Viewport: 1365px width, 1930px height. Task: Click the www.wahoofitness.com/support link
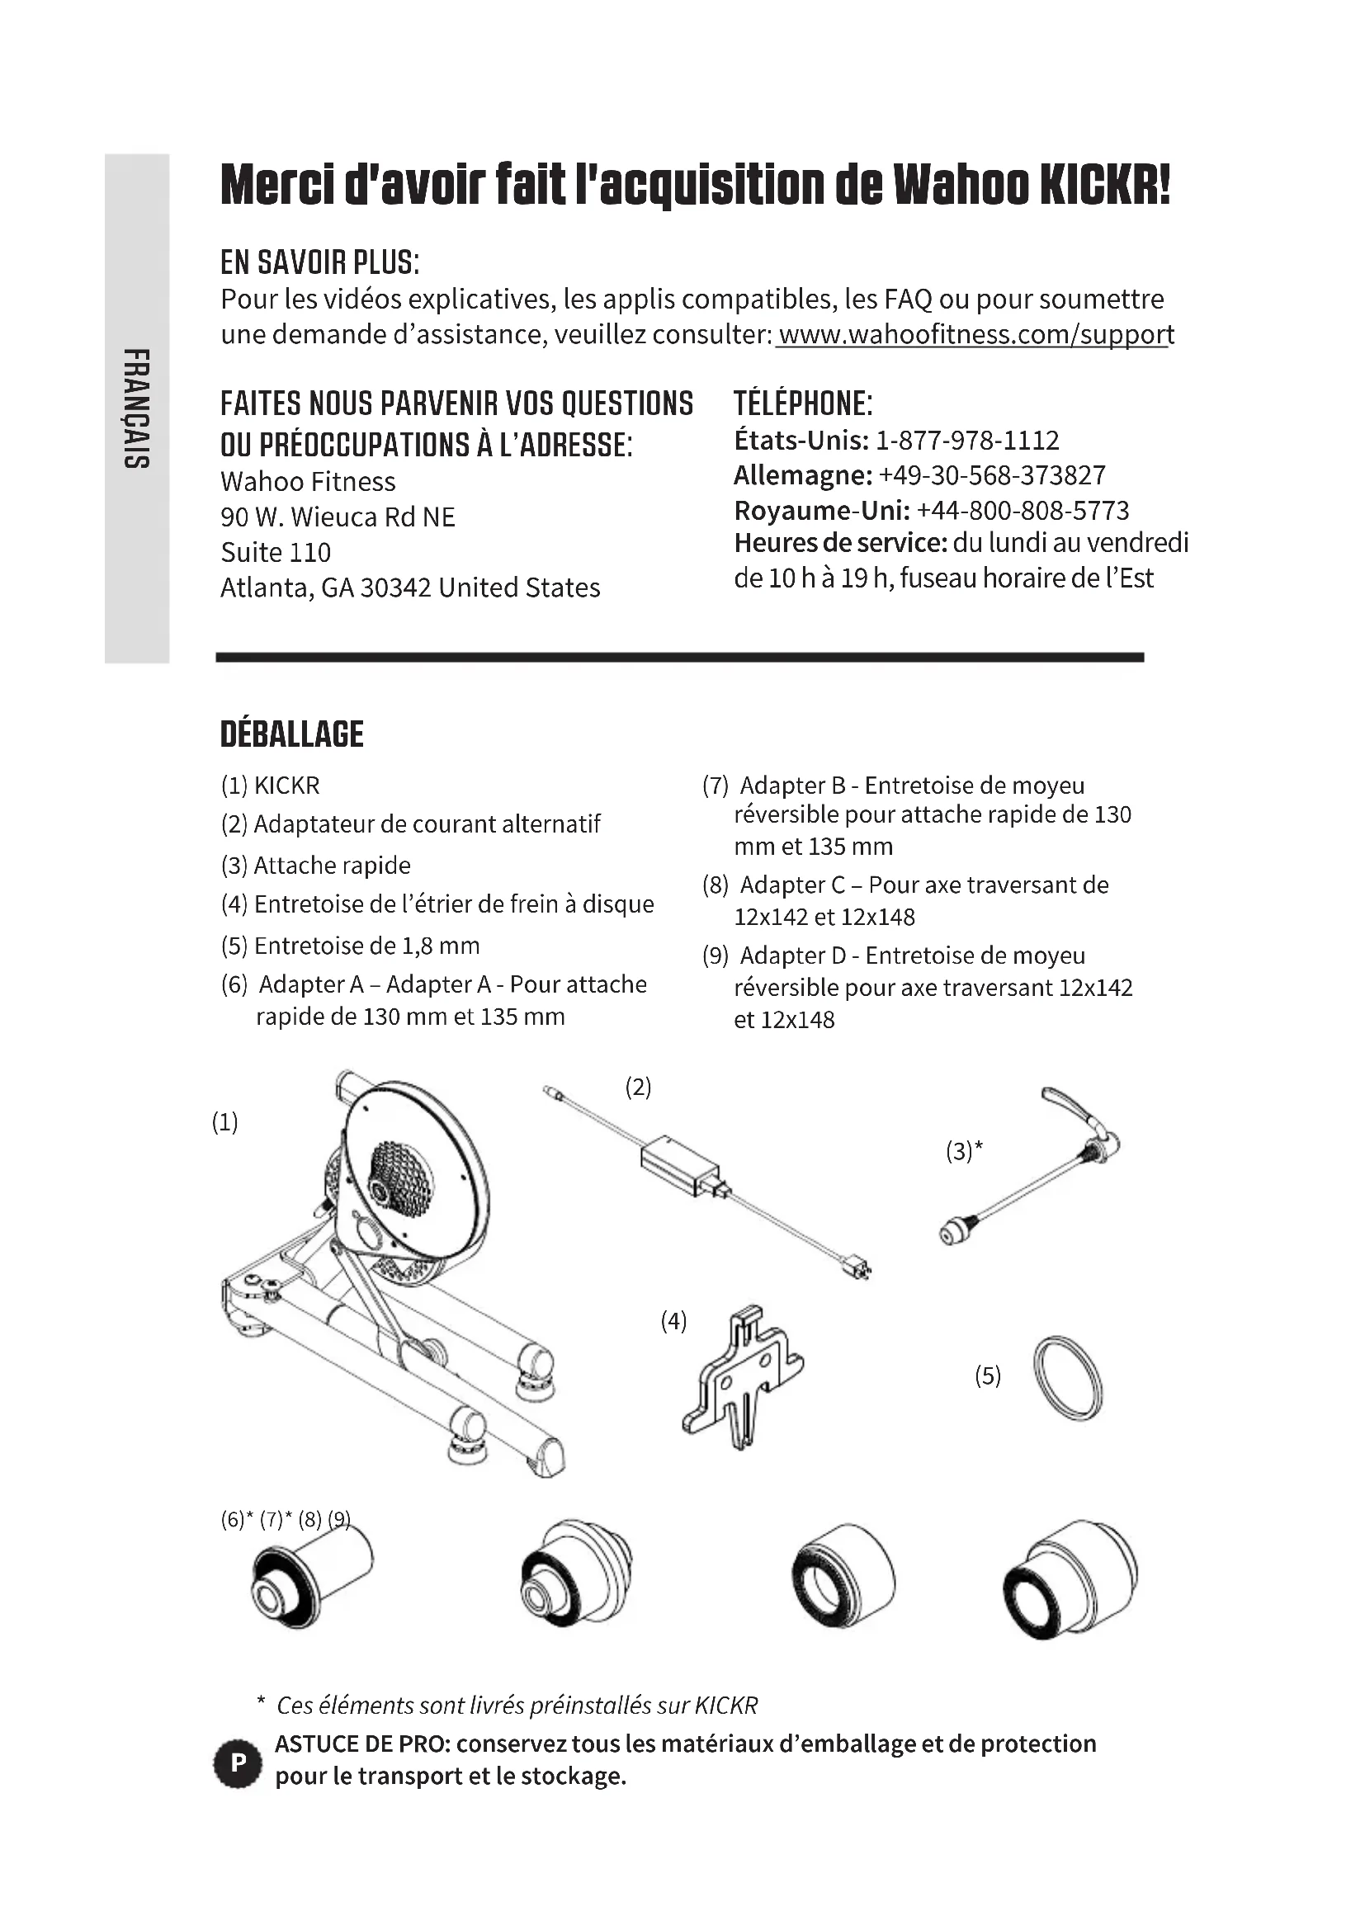pyautogui.click(x=975, y=334)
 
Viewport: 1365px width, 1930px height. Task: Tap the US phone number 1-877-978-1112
pyautogui.click(x=966, y=441)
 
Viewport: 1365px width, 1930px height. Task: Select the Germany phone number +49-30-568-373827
pyautogui.click(x=992, y=476)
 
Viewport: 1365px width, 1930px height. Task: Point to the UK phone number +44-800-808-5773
pyautogui.click(x=1022, y=510)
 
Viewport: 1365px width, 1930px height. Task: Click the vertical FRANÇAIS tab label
pyautogui.click(x=135, y=408)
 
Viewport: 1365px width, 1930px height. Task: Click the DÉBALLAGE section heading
pyautogui.click(x=291, y=734)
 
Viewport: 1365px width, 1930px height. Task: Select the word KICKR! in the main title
pyautogui.click(x=1104, y=185)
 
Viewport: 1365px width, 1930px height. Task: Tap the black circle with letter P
pyautogui.click(x=239, y=1762)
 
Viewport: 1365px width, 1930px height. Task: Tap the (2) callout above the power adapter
pyautogui.click(x=638, y=1088)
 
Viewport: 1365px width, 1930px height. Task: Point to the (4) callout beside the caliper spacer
pyautogui.click(x=673, y=1321)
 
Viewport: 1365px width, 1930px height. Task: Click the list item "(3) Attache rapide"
pyautogui.click(x=315, y=866)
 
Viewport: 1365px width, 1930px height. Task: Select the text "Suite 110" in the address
pyautogui.click(x=276, y=552)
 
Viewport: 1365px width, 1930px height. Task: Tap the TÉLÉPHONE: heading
pyautogui.click(x=803, y=403)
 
